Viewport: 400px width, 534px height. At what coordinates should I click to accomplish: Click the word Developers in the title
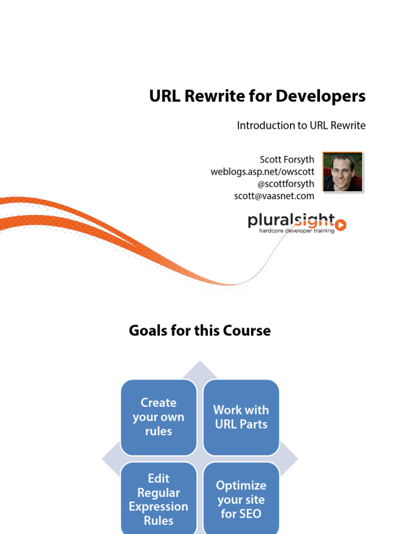click(320, 96)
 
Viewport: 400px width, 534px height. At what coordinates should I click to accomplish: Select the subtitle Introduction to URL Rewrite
click(301, 126)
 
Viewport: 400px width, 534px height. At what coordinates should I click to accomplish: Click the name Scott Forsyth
click(286, 159)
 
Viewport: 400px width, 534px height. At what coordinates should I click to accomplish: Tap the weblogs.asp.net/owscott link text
click(262, 171)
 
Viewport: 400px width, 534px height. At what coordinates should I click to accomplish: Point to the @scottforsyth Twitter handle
click(285, 184)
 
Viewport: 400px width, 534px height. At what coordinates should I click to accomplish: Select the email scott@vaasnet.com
click(274, 196)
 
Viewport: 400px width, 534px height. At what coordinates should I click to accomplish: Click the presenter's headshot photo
click(342, 172)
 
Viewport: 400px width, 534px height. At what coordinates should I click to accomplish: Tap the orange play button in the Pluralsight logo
click(341, 225)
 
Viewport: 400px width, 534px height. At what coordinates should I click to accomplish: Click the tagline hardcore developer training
click(297, 230)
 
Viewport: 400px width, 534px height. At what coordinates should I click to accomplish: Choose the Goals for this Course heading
click(200, 331)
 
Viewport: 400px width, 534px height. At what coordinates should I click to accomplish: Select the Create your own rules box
click(158, 417)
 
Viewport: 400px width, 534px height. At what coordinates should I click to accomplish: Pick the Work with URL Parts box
click(241, 417)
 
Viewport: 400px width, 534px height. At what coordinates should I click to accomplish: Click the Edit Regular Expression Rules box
click(158, 499)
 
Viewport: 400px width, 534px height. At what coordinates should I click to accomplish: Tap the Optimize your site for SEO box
click(241, 499)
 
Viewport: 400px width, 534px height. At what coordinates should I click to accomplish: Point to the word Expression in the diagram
click(158, 506)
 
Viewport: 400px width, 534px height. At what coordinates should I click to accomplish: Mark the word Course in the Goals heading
click(246, 331)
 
